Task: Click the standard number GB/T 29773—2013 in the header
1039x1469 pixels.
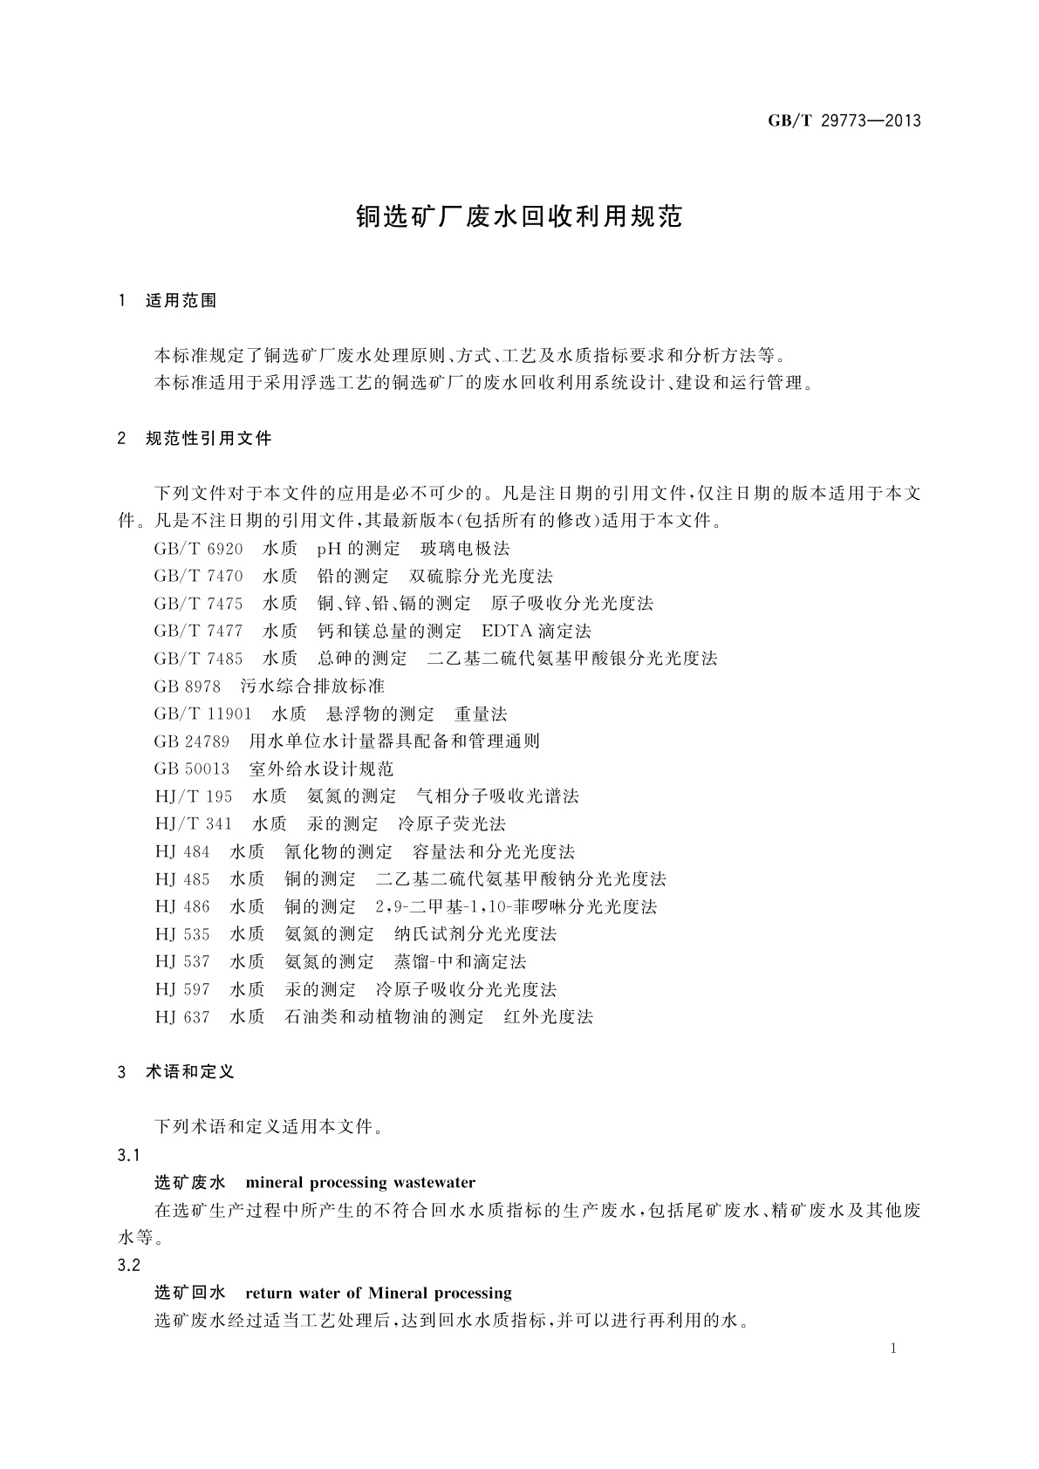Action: [x=844, y=121]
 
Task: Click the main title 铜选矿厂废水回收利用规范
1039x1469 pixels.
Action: [x=518, y=217]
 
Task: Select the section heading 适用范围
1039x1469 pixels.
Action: [x=181, y=301]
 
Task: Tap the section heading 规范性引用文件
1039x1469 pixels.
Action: [x=208, y=438]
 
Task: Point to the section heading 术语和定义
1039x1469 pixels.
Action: [x=190, y=1071]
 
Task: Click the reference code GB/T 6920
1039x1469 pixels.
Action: [x=198, y=549]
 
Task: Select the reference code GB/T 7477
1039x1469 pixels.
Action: [x=198, y=631]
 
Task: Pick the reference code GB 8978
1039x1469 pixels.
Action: [x=187, y=686]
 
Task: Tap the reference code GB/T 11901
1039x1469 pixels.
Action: [x=202, y=714]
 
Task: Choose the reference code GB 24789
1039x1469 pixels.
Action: [x=192, y=741]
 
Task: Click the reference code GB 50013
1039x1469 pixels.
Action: [x=192, y=769]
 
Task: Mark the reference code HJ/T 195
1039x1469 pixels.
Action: [x=194, y=796]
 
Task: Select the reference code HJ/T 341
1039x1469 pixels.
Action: [x=194, y=823]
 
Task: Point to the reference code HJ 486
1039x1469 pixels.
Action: [x=182, y=906]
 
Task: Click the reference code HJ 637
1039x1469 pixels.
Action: [x=182, y=1016]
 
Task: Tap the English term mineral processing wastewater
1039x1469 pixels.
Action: [x=360, y=1183]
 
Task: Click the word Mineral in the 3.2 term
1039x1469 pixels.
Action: [x=399, y=1293]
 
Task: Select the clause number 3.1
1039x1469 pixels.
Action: [x=128, y=1155]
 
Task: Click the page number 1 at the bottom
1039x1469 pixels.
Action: [x=894, y=1349]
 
